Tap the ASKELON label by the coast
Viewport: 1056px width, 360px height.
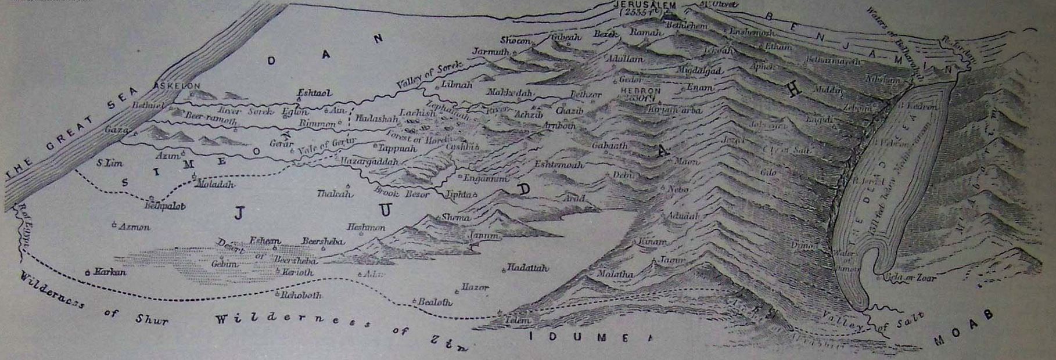pyautogui.click(x=175, y=85)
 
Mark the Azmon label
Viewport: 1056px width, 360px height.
pyautogui.click(x=135, y=227)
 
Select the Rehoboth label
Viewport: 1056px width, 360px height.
pyautogui.click(x=301, y=296)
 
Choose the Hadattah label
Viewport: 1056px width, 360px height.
pyautogui.click(x=527, y=268)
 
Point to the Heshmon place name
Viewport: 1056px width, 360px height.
pyautogui.click(x=366, y=228)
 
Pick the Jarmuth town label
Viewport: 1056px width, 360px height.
pyautogui.click(x=491, y=52)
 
